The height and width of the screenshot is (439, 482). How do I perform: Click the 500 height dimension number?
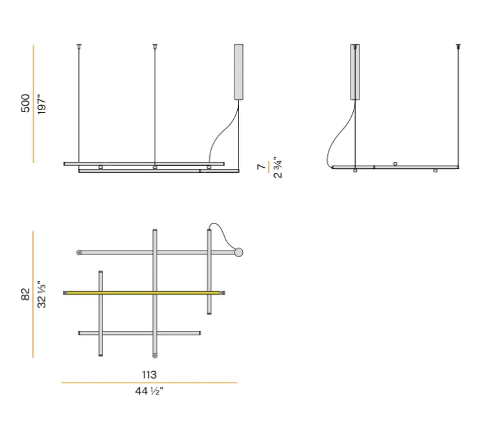pyautogui.click(x=26, y=104)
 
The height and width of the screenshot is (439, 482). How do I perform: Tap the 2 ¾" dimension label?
pyautogui.click(x=277, y=167)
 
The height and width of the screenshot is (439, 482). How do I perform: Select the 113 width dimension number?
pyautogui.click(x=149, y=374)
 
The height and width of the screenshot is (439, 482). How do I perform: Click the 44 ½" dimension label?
pyautogui.click(x=149, y=390)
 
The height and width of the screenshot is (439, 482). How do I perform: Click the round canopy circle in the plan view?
pyautogui.click(x=238, y=252)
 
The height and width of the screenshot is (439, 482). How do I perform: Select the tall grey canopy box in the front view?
pyautogui.click(x=238, y=71)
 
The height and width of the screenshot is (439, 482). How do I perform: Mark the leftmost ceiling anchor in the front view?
pyautogui.click(x=79, y=46)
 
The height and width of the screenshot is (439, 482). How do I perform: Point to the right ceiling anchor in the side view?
pyautogui.click(x=459, y=46)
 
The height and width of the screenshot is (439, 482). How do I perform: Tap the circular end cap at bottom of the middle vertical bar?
pyautogui.click(x=154, y=354)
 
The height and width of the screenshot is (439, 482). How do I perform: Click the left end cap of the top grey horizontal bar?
pyautogui.click(x=79, y=252)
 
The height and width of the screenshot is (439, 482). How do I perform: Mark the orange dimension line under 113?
pyautogui.click(x=149, y=383)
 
